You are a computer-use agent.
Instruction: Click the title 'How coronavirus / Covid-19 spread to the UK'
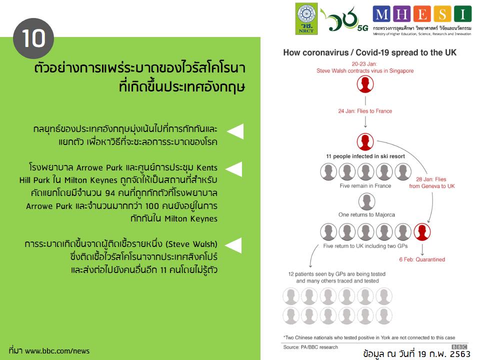tap(369, 52)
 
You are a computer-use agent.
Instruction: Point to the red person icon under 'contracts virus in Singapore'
tap(365, 84)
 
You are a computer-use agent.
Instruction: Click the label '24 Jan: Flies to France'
tap(365, 111)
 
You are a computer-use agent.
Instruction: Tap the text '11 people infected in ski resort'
tap(365, 156)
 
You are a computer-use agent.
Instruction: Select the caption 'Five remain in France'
tap(365, 185)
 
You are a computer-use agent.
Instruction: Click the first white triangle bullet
tap(235, 131)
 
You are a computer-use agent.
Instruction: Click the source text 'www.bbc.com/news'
tap(57, 351)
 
